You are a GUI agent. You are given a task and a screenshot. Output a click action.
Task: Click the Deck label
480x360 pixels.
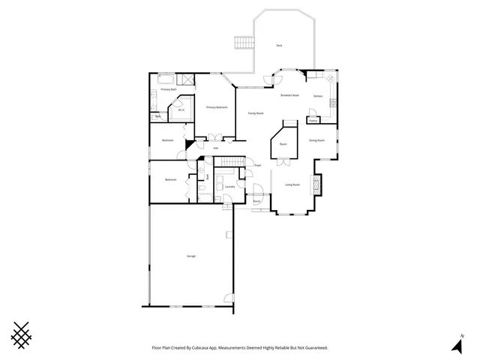coord(279,46)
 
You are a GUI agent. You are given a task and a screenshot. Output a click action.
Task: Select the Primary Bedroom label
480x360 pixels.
coord(217,107)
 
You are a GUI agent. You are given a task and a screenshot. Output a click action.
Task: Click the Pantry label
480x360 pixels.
coord(313,120)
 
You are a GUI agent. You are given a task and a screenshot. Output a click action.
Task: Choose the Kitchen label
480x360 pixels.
coord(318,96)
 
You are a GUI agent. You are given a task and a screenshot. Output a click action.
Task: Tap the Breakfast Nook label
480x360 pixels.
coord(290,95)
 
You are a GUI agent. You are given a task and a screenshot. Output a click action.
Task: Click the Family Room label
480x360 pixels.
coord(256,113)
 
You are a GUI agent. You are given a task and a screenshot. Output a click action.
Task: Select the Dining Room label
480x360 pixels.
coord(316,140)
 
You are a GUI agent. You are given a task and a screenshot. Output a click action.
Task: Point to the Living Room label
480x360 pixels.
coord(292,184)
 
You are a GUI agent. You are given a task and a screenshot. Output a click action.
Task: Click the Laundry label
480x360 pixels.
coord(230,186)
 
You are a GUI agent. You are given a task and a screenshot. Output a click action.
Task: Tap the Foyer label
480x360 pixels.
coord(257,165)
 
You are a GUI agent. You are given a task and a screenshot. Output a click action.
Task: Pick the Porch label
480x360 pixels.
coord(256,201)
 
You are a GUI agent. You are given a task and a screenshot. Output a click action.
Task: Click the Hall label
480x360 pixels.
coord(215,148)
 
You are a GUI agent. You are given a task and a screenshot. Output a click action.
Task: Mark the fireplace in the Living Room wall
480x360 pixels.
coord(317,184)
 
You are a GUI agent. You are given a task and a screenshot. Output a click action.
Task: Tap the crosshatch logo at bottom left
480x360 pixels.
coord(24,334)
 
